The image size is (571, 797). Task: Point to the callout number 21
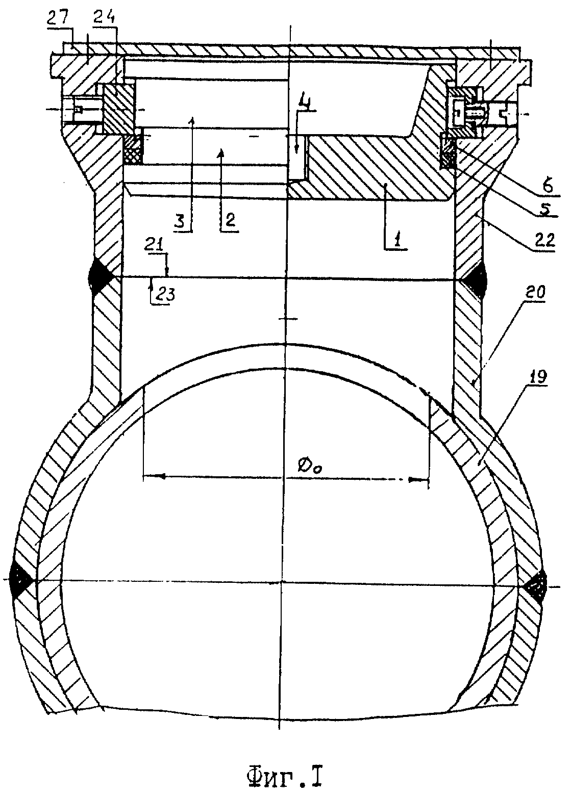(x=154, y=245)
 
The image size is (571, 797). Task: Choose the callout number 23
(x=164, y=295)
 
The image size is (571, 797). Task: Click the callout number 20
(x=535, y=293)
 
